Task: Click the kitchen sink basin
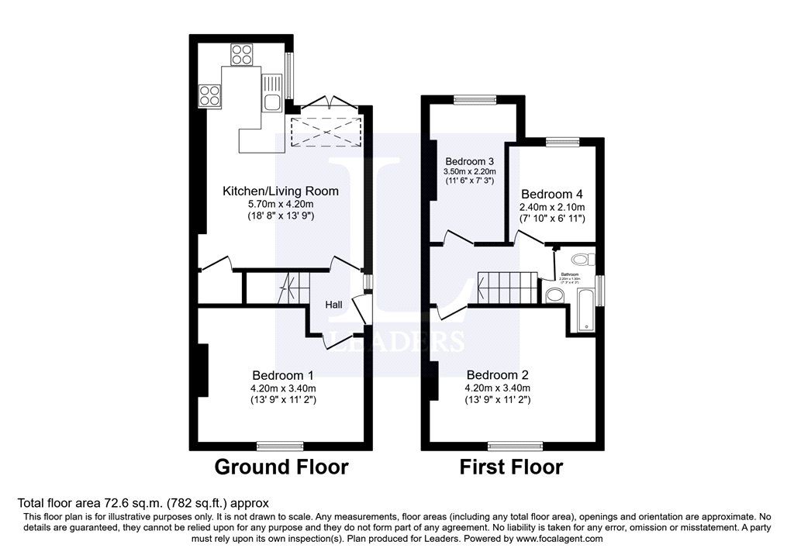[x=271, y=102]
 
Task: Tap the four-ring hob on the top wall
[x=242, y=54]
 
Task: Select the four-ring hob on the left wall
[x=209, y=95]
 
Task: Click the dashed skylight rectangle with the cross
[x=325, y=132]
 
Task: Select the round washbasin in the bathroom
[x=554, y=295]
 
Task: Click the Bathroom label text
[x=571, y=274]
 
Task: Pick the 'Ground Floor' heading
[x=281, y=467]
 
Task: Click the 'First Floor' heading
[x=511, y=467]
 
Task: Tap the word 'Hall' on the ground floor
[x=333, y=305]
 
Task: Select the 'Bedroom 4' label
[x=551, y=194]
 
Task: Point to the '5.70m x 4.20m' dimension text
[x=281, y=204]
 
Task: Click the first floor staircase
[x=508, y=288]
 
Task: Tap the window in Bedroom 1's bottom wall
[x=281, y=445]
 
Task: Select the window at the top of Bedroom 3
[x=474, y=98]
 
